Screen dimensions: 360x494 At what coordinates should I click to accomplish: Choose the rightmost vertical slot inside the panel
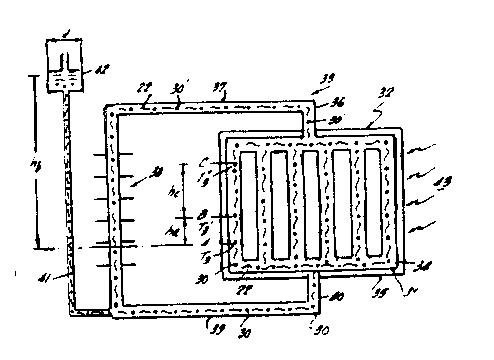pos(373,203)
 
